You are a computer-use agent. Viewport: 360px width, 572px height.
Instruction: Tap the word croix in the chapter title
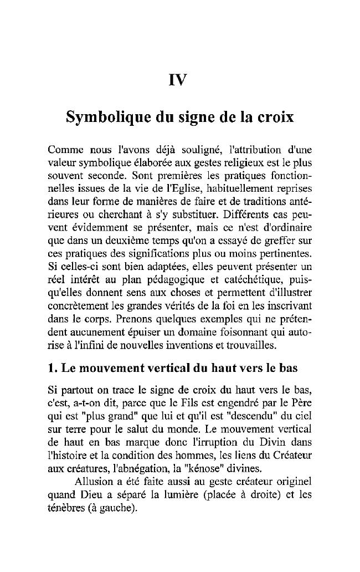click(x=272, y=118)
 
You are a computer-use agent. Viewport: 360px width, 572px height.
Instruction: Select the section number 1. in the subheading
click(x=54, y=367)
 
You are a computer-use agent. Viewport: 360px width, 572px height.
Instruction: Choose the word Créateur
click(x=291, y=454)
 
